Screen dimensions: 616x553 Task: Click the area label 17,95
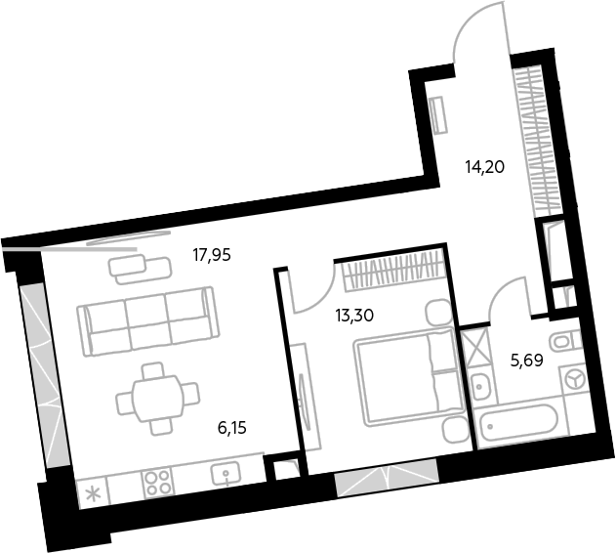(x=212, y=256)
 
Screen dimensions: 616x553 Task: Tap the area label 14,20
(x=484, y=167)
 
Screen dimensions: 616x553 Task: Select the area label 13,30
(x=354, y=315)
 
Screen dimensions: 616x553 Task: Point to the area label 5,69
(x=527, y=361)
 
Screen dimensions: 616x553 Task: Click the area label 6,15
(x=231, y=428)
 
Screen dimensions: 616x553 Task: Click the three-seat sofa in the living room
(x=147, y=321)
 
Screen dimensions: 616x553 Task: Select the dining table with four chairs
(x=157, y=399)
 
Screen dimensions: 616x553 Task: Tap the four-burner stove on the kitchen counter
(x=157, y=483)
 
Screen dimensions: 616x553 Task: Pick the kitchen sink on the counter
(x=226, y=473)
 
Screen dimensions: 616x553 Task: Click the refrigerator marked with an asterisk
(x=93, y=492)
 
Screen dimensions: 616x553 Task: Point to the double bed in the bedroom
(x=409, y=377)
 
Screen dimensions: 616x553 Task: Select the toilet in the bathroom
(x=565, y=341)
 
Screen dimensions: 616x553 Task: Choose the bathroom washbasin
(x=481, y=386)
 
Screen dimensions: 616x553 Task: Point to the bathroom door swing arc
(x=501, y=290)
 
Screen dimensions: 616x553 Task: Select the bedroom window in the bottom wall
(x=387, y=477)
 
